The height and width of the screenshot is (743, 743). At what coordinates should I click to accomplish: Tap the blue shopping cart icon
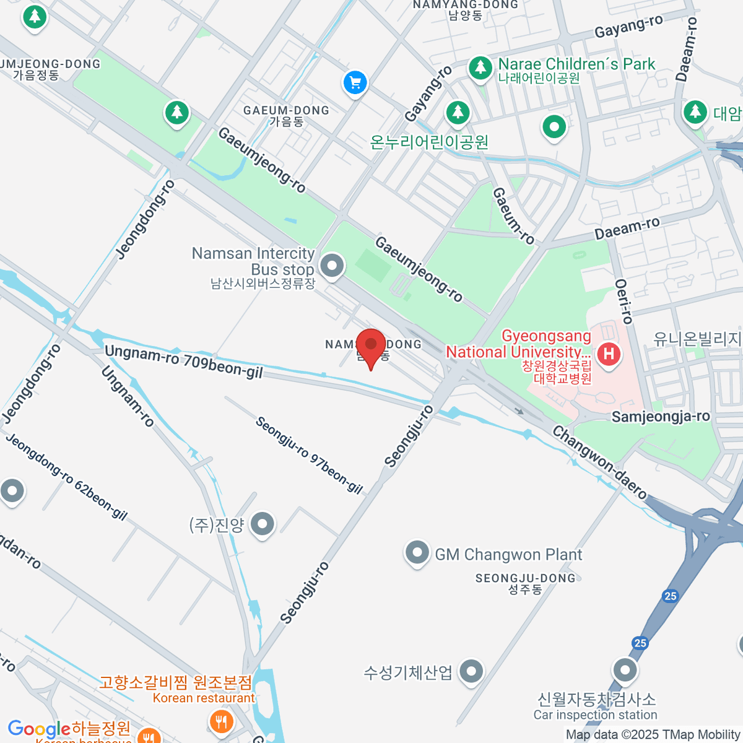355,82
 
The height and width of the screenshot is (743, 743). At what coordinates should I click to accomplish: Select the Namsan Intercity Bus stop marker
332,267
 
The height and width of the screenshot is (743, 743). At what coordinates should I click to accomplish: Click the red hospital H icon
609,355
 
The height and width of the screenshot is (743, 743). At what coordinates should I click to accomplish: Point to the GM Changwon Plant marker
417,552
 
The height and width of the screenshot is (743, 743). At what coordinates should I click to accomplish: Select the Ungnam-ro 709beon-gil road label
183,362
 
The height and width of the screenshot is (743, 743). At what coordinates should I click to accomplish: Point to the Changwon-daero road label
599,462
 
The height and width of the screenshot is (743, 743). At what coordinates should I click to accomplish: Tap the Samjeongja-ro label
660,417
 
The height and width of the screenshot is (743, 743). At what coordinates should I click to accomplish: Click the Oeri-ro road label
624,302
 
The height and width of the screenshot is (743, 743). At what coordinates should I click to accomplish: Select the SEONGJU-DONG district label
525,578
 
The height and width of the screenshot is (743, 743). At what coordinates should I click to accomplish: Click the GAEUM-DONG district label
286,111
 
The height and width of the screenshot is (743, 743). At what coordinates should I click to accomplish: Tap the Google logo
38,729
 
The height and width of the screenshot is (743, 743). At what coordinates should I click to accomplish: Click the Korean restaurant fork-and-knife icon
221,721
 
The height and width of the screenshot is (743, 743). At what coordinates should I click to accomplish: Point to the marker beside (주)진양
263,524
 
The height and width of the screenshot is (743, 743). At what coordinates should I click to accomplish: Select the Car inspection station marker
625,670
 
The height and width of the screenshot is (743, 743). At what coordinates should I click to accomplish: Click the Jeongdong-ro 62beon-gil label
67,477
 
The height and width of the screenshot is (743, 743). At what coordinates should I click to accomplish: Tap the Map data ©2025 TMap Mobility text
653,735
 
